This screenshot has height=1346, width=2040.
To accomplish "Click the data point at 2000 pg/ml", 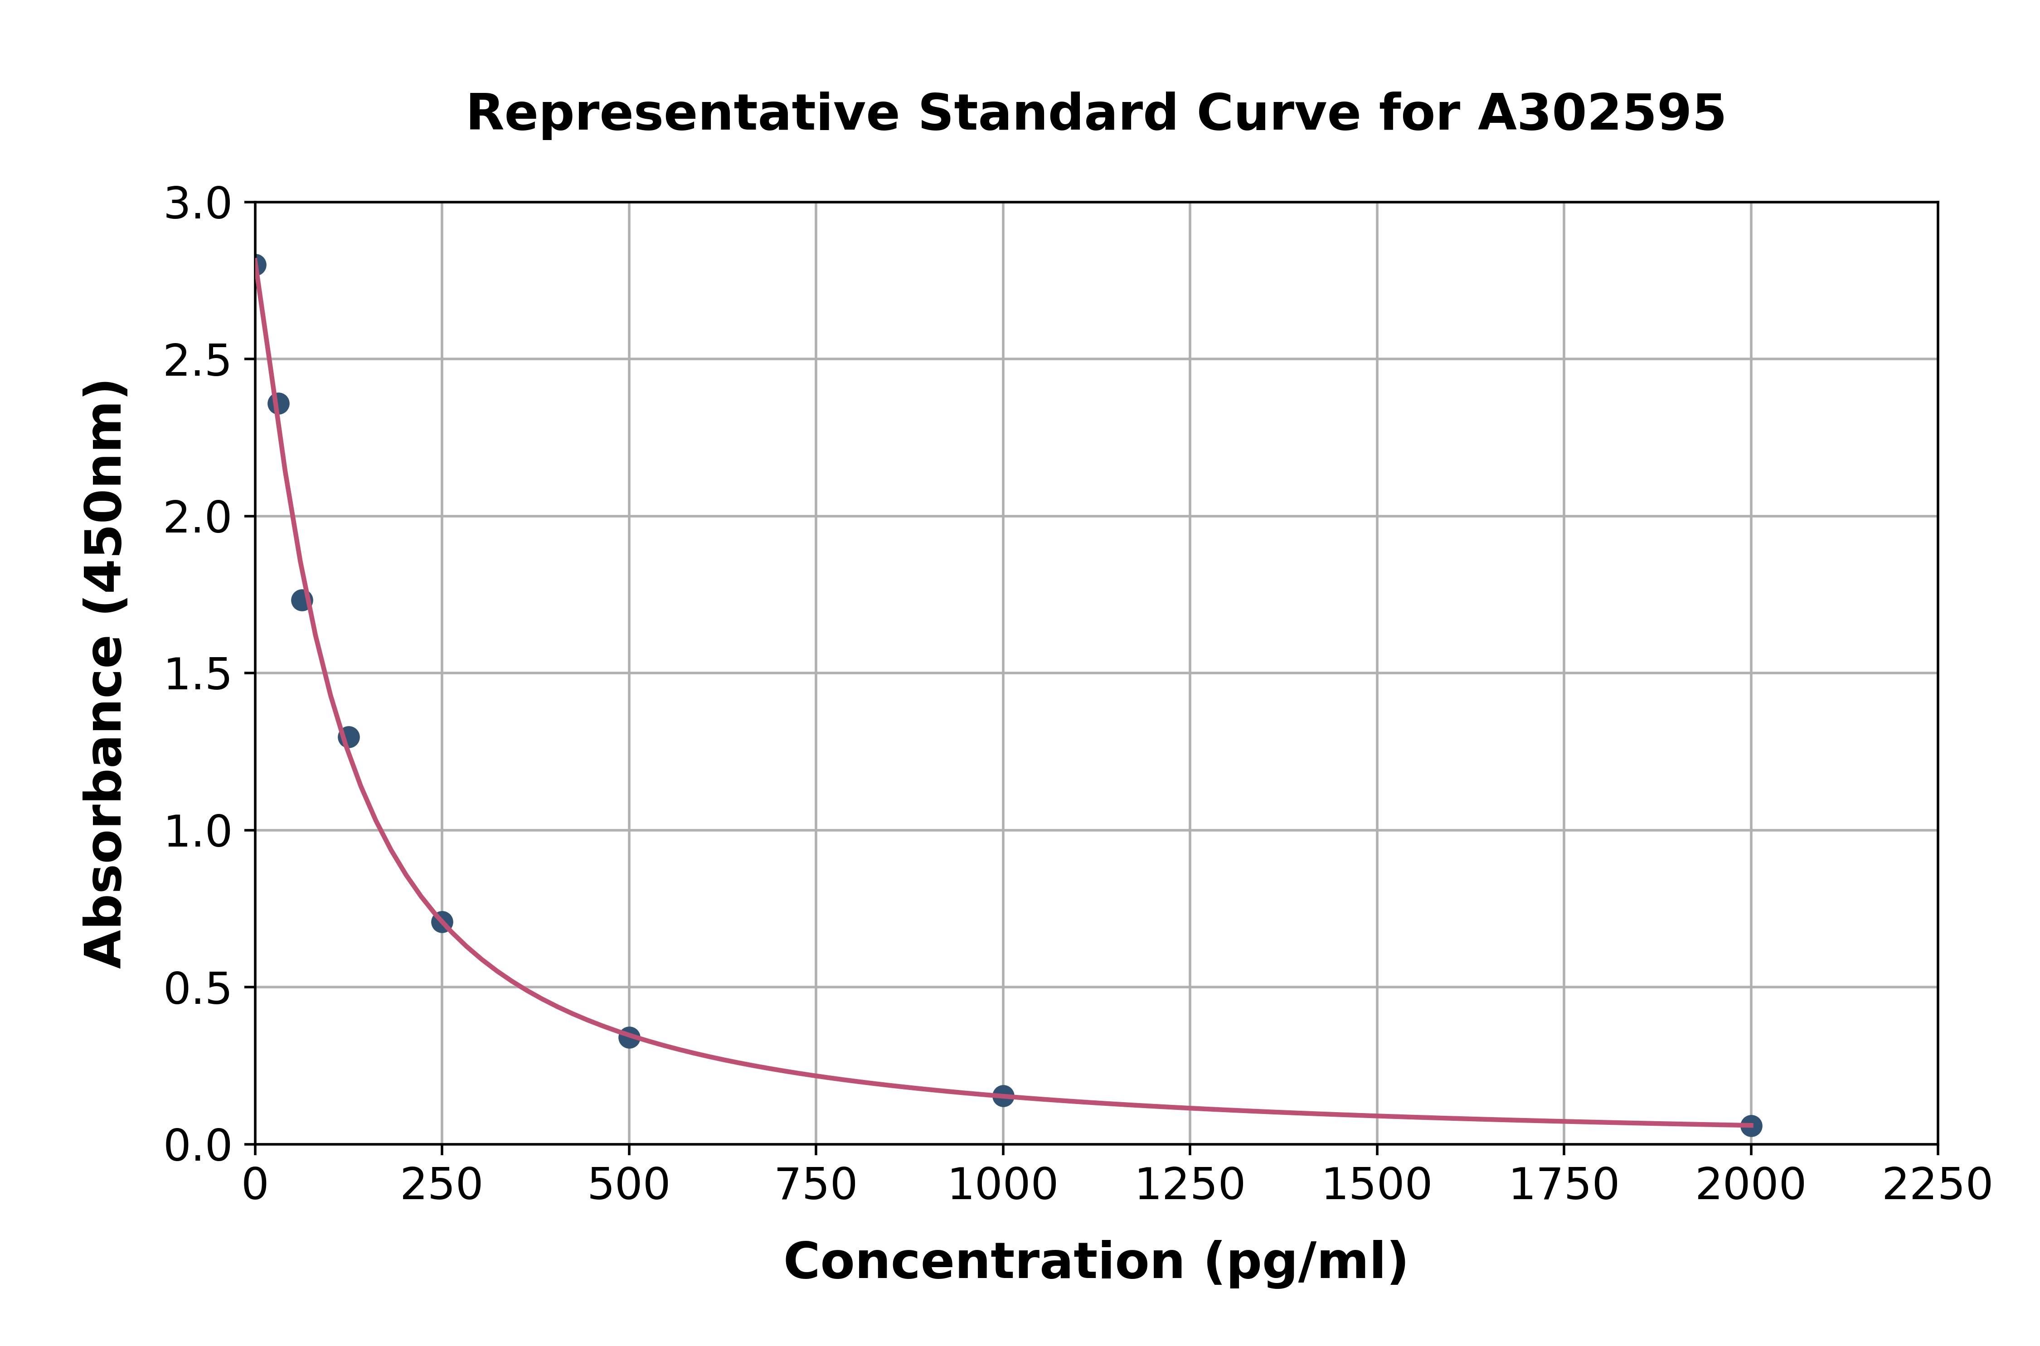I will (1751, 1125).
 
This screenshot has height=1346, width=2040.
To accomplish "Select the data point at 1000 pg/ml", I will (1003, 1095).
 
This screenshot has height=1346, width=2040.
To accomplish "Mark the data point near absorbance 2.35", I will (278, 403).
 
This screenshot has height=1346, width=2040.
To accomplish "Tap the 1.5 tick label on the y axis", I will (198, 676).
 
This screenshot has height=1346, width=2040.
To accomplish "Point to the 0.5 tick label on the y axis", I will (198, 989).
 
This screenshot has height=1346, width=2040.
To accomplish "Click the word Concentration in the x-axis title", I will (984, 1262).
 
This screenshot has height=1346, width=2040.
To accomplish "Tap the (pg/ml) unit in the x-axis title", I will (1305, 1262).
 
